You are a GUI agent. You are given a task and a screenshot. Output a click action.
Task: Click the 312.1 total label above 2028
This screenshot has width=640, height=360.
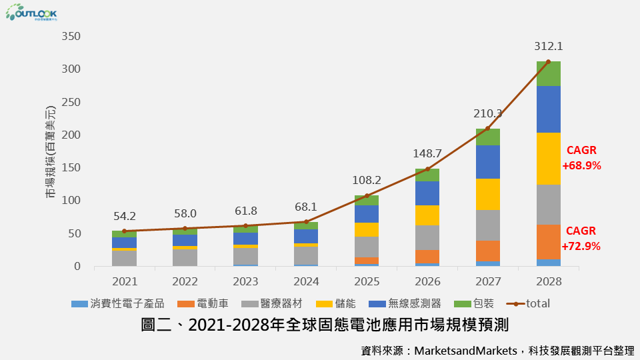pos(548,47)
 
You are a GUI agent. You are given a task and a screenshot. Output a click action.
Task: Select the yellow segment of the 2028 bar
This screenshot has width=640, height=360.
pos(548,159)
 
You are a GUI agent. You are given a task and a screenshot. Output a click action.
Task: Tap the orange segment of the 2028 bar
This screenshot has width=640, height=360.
pos(548,242)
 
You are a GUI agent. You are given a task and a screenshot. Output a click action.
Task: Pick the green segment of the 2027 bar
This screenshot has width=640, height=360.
pos(487,137)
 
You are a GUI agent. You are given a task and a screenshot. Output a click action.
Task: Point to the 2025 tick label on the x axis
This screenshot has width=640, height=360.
pos(367,281)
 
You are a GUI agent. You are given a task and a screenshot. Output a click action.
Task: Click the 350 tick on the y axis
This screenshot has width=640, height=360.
pos(70,36)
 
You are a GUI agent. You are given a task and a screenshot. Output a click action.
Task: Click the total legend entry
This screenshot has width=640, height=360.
pos(530,303)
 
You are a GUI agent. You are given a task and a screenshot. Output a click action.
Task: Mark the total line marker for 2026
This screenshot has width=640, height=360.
pos(427,169)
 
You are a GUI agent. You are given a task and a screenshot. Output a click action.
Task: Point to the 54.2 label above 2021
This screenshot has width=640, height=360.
pos(125,217)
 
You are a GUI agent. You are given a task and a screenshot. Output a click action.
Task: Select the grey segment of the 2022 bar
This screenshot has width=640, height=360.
pos(185,257)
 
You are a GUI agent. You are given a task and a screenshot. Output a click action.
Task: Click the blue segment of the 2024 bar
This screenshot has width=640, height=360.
pos(306,236)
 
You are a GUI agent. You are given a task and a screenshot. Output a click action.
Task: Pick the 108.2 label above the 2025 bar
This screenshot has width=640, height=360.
pos(367,181)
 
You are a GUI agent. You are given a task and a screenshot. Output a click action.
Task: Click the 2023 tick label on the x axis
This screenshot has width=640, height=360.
pos(245,281)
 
